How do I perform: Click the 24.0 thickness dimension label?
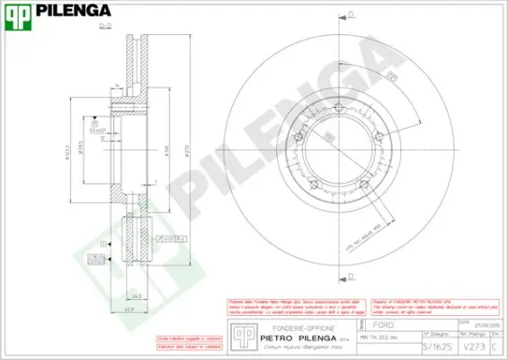click(135, 294)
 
